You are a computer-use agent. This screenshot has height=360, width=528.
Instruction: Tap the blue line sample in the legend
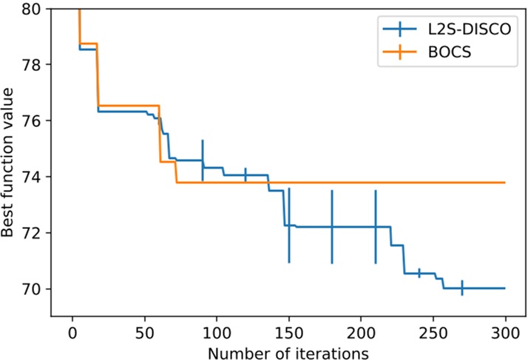400,30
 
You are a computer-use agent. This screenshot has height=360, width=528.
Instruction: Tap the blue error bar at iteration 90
202,160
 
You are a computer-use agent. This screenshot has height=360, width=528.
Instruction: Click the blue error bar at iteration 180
332,226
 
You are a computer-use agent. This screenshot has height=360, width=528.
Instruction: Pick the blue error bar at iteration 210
376,226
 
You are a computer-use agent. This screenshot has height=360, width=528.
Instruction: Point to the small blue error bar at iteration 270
462,288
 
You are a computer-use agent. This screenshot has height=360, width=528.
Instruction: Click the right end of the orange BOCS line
504,182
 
